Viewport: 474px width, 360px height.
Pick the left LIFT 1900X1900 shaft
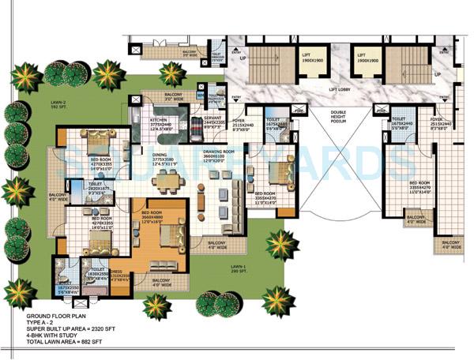click(314, 59)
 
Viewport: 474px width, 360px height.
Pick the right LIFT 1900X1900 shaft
click(369, 59)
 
